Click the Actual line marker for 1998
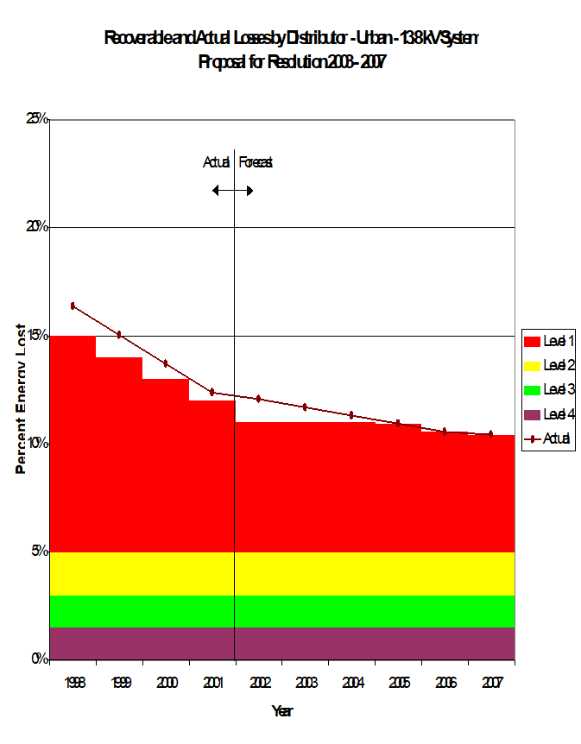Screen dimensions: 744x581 tap(73, 306)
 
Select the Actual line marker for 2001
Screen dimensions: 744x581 tap(212, 392)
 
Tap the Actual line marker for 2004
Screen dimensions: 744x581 tap(351, 415)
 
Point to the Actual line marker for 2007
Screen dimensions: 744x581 tap(490, 434)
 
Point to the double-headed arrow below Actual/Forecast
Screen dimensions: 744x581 tap(233, 190)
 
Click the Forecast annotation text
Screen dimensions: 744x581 tap(256, 161)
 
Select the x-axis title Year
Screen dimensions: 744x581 tap(281, 711)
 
